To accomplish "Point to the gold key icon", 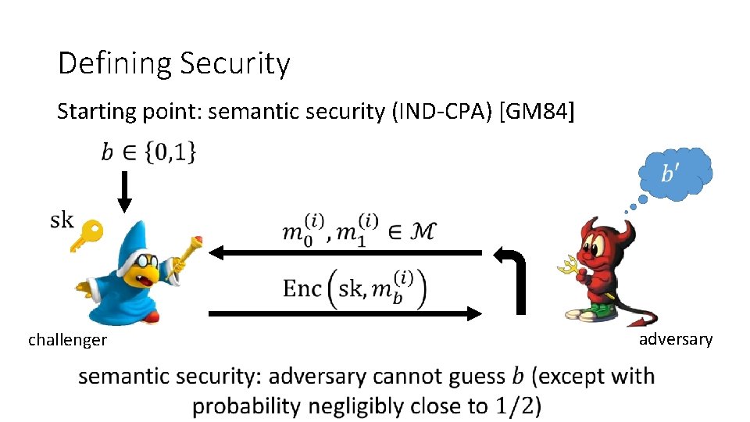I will click(86, 235).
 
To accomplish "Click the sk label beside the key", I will click(62, 220).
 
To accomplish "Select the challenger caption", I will click(67, 340).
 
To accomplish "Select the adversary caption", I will click(676, 339).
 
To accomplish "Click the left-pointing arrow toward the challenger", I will click(344, 252).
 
